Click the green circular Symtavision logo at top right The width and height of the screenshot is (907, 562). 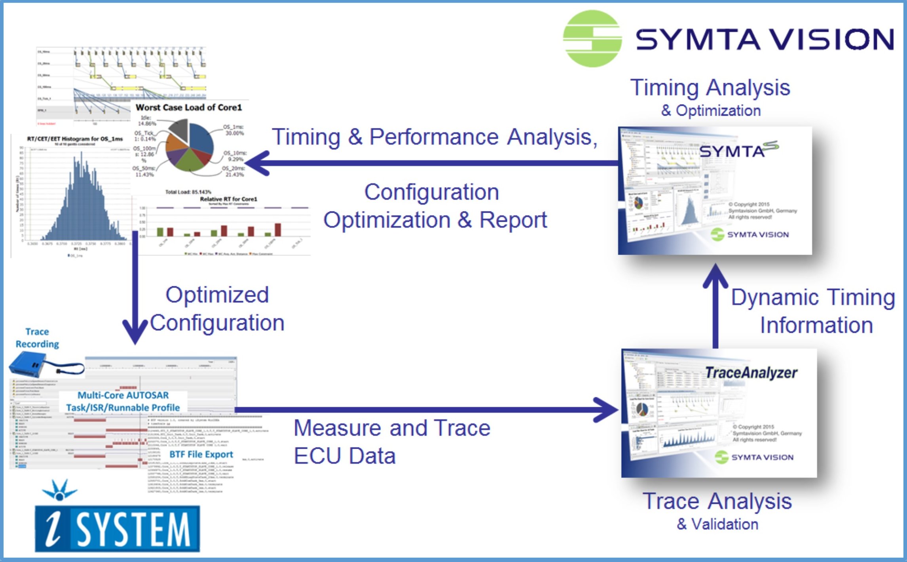pyautogui.click(x=592, y=38)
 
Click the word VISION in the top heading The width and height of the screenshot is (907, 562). pyautogui.click(x=833, y=40)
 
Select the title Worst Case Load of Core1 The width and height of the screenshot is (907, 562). pyautogui.click(x=188, y=107)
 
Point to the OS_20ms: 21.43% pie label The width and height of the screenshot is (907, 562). pyautogui.click(x=233, y=171)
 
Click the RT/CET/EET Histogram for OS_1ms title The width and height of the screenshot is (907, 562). pyautogui.click(x=75, y=139)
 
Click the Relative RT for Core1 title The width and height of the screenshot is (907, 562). pyautogui.click(x=228, y=199)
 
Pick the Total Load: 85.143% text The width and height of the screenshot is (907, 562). pyautogui.click(x=188, y=192)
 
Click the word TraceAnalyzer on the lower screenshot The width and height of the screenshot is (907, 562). pyautogui.click(x=751, y=373)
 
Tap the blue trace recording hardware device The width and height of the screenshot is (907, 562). pyautogui.click(x=28, y=365)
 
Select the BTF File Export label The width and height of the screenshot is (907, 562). pyautogui.click(x=201, y=454)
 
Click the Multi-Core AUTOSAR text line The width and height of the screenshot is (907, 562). pyautogui.click(x=123, y=395)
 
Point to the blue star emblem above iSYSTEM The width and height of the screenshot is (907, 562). pyautogui.click(x=60, y=490)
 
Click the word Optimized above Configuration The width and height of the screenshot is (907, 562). pyautogui.click(x=217, y=295)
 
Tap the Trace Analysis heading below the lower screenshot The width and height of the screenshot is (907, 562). pyautogui.click(x=717, y=501)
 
